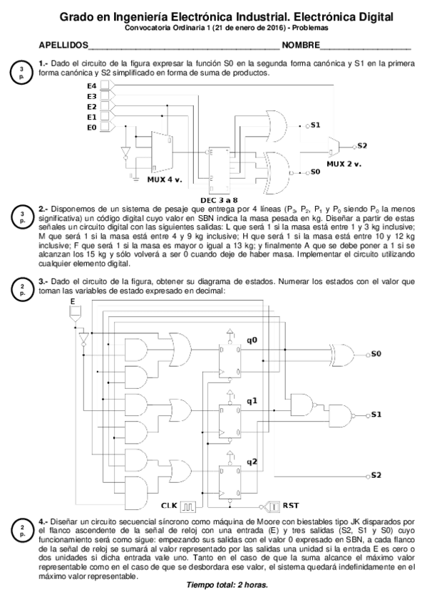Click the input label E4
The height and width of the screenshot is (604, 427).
coord(91,85)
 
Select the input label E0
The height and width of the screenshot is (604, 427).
coord(91,127)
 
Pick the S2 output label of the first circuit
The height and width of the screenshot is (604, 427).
coord(363,145)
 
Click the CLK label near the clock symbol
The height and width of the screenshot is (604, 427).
coord(169,506)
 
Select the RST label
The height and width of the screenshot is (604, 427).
coord(291,506)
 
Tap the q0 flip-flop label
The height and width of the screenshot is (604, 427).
coord(251,340)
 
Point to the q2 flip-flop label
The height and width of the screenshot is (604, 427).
coord(251,462)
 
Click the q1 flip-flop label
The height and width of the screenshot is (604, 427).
coord(251,401)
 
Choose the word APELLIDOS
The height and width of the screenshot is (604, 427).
coord(63,46)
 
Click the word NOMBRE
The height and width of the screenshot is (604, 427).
coord(300,46)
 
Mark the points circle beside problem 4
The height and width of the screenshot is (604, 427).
coord(22,530)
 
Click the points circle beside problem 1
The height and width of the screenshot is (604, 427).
coord(22,71)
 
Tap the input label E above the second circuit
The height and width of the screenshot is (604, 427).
coord(73,302)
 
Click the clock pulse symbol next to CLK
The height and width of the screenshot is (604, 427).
coord(187,506)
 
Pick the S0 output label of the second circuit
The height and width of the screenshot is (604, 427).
coord(376,353)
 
